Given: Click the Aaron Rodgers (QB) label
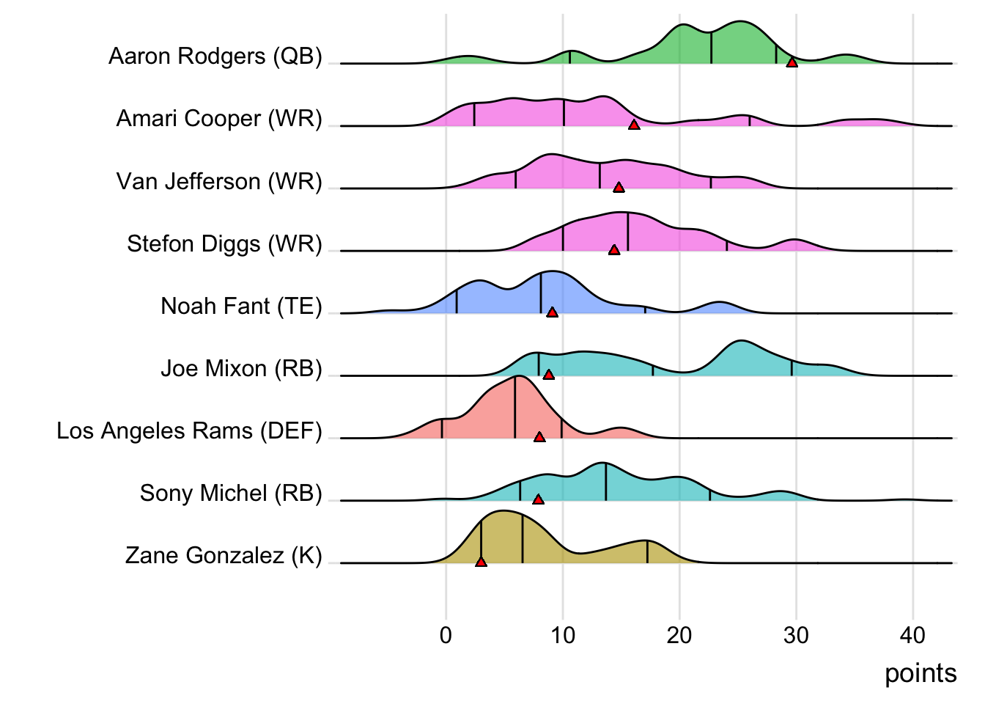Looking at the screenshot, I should pyautogui.click(x=215, y=56).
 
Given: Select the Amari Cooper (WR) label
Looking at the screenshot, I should pyautogui.click(x=219, y=119).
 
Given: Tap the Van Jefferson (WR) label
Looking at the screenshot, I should pyautogui.click(x=219, y=181).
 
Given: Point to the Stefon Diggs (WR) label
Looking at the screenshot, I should pyautogui.click(x=224, y=243).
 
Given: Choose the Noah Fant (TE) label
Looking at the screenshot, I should pyautogui.click(x=241, y=306).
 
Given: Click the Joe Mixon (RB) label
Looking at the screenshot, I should pyautogui.click(x=241, y=368).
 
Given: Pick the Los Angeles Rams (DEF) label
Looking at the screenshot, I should pyautogui.click(x=189, y=430).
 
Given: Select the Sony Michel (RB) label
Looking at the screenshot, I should pyautogui.click(x=231, y=493).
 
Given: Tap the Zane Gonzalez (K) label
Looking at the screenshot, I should pyautogui.click(x=224, y=555).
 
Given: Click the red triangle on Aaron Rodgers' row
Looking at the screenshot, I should pyautogui.click(x=792, y=62).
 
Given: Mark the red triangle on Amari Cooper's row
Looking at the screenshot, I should pyautogui.click(x=634, y=125).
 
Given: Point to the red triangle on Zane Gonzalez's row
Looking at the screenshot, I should pyautogui.click(x=481, y=562).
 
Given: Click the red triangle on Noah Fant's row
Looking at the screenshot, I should pyautogui.click(x=552, y=312).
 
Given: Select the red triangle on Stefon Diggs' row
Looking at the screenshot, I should pyautogui.click(x=614, y=250).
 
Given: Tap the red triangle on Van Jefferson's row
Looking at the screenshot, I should pyautogui.click(x=619, y=188).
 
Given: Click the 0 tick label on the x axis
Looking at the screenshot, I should pyautogui.click(x=446, y=635).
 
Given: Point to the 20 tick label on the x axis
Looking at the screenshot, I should pyautogui.click(x=679, y=635).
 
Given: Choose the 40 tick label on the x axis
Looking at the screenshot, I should pyautogui.click(x=913, y=635).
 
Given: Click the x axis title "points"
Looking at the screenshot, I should pyautogui.click(x=921, y=673).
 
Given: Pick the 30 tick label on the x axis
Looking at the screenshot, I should pyautogui.click(x=796, y=635).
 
